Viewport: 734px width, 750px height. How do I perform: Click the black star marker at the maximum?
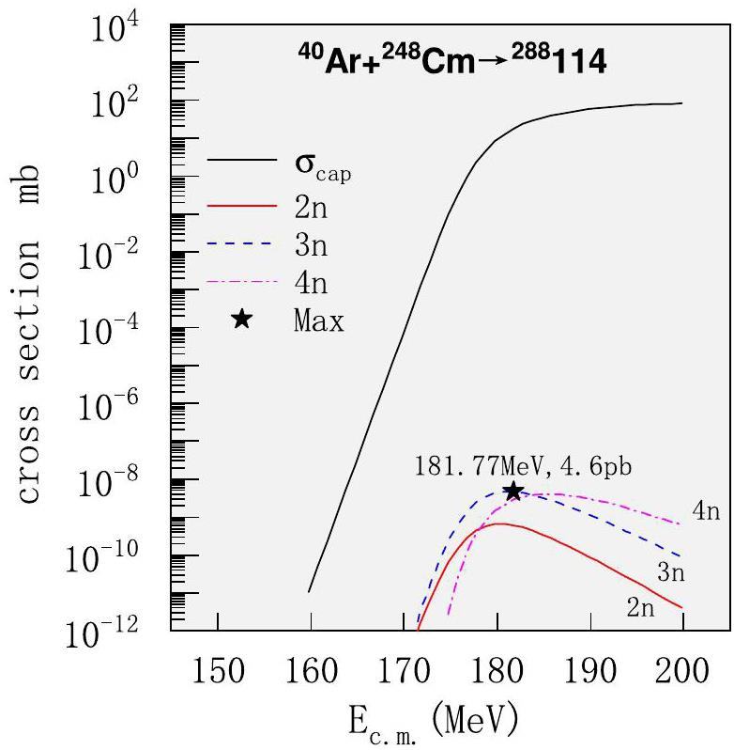click(x=513, y=491)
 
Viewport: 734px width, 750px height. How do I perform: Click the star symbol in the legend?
click(x=241, y=320)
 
